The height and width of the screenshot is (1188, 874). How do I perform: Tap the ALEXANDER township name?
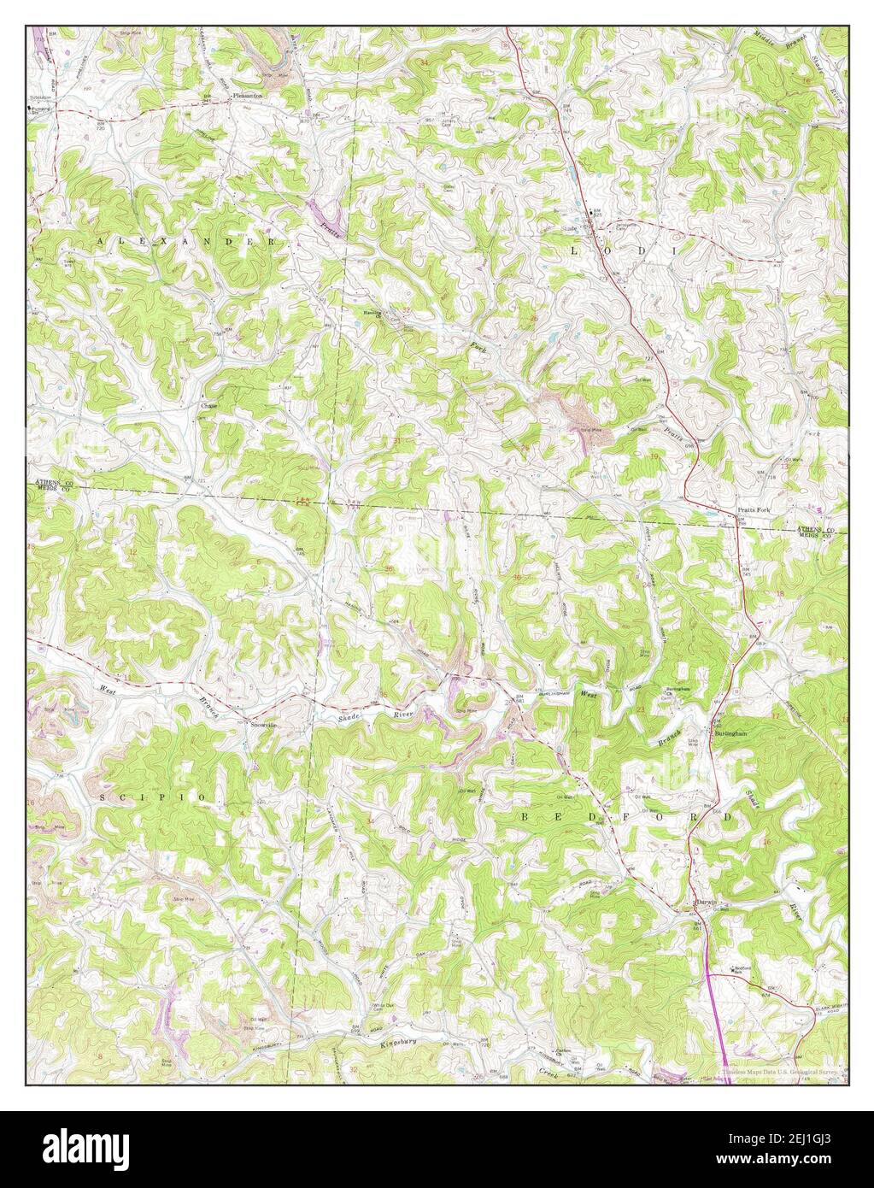[187, 244]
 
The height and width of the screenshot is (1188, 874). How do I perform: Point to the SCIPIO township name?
[152, 797]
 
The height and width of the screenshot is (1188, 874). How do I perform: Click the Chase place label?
[209, 406]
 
